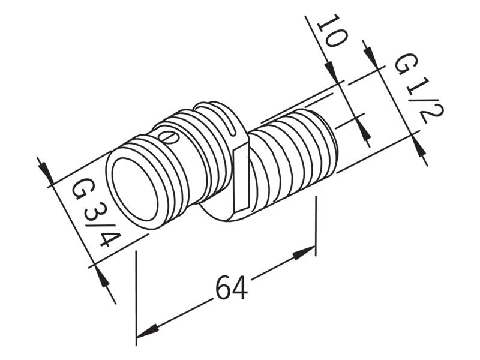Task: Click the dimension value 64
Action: [x=232, y=288]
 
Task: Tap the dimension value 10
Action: [x=333, y=31]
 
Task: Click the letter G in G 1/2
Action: [x=406, y=64]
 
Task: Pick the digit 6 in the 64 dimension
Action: [x=224, y=288]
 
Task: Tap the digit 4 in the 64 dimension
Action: [x=239, y=288]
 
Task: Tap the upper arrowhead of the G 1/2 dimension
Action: [x=371, y=56]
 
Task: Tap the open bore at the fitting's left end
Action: [x=135, y=189]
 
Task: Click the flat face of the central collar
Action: [x=242, y=178]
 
